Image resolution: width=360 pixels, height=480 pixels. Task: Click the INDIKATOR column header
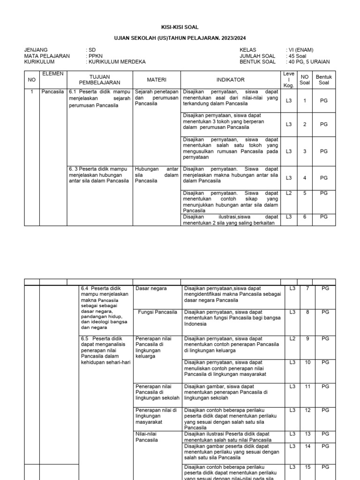click(x=230, y=80)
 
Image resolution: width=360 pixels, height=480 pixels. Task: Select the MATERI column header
click(x=157, y=80)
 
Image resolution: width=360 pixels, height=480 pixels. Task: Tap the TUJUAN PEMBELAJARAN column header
click(x=100, y=80)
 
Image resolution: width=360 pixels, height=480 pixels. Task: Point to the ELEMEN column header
click(x=52, y=74)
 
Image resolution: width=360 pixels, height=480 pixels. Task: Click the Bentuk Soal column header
click(x=324, y=80)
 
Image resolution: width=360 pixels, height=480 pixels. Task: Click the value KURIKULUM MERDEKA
click(x=117, y=61)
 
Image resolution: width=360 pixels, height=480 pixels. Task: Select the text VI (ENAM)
click(x=301, y=50)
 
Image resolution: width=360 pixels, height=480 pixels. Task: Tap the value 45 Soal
click(x=297, y=56)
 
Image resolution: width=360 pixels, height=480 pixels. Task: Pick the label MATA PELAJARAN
click(x=47, y=56)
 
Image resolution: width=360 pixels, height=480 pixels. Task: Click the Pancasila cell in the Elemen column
click(x=52, y=92)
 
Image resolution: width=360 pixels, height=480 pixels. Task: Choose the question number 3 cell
click(x=305, y=151)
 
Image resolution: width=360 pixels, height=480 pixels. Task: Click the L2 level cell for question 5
click(x=289, y=193)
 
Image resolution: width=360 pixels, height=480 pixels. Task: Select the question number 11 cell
click(x=308, y=386)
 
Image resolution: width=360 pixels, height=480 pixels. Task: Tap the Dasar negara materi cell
click(x=151, y=288)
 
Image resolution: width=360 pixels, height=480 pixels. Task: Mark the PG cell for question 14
click(x=325, y=446)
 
